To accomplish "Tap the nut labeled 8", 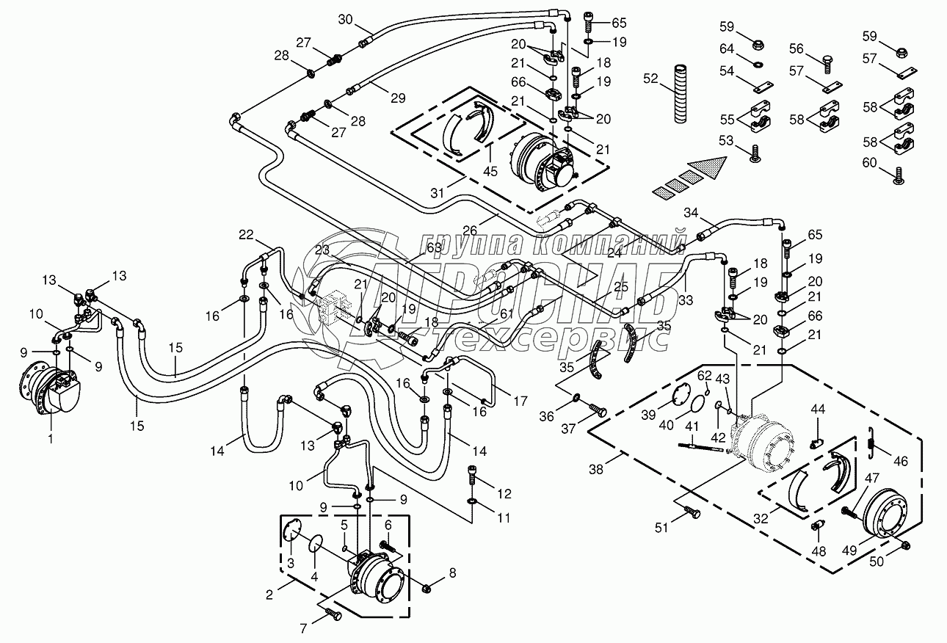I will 427,586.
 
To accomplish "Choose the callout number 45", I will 491,171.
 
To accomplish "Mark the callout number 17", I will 520,402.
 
